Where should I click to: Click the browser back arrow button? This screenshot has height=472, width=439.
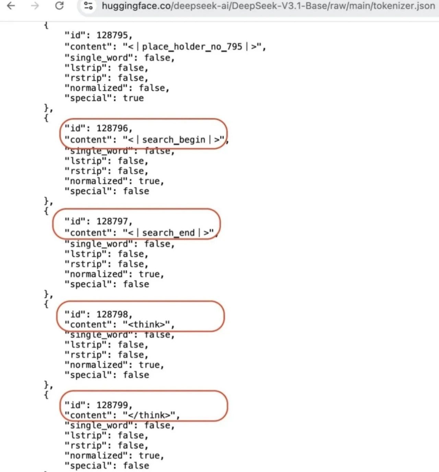(11, 6)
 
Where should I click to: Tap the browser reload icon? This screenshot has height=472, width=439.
(59, 6)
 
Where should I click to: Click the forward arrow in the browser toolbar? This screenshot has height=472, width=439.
(35, 6)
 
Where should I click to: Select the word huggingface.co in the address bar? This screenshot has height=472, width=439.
(137, 6)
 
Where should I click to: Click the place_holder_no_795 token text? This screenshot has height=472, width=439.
(192, 47)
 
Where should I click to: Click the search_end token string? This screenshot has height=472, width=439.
(168, 233)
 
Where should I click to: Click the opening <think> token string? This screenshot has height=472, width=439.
(149, 324)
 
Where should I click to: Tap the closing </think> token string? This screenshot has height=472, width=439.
(151, 415)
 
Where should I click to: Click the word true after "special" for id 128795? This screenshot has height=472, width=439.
(133, 98)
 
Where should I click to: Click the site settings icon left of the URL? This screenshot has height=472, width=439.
(88, 6)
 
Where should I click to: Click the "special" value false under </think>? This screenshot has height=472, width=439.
(136, 466)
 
